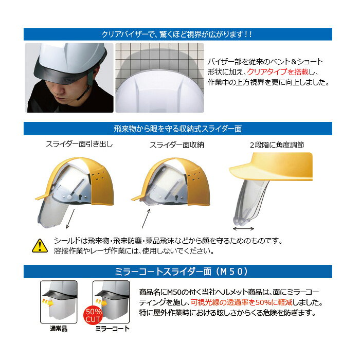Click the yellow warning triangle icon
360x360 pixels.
[40, 246]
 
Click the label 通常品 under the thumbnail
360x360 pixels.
[59, 329]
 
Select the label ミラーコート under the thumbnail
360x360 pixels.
[112, 329]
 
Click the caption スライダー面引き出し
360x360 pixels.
[79, 144]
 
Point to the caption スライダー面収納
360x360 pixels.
[176, 145]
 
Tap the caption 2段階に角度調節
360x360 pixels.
[277, 145]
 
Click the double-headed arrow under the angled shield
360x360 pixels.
[243, 228]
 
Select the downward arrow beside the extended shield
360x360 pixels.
[70, 219]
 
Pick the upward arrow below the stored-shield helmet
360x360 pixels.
[146, 219]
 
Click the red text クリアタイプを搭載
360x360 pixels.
[278, 72]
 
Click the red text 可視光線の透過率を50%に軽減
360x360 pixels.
[242, 302]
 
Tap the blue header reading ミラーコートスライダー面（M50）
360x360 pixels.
[178, 272]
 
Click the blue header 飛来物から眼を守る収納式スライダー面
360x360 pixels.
[178, 129]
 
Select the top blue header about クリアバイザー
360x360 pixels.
[178, 34]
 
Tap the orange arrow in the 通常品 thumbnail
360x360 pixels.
[48, 302]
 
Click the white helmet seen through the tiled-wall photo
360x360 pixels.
[159, 92]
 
